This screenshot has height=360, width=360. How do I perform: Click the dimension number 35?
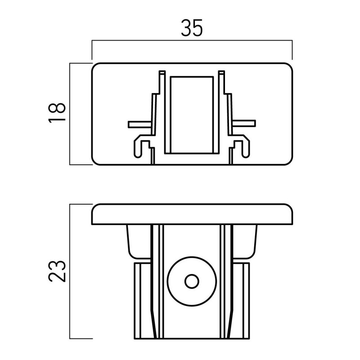(x=192, y=28)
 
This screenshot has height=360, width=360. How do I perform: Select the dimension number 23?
(x=57, y=271)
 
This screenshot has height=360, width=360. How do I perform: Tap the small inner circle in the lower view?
(x=192, y=282)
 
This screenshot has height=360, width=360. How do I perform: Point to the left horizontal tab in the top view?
(x=140, y=124)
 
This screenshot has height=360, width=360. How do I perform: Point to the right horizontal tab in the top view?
(x=244, y=123)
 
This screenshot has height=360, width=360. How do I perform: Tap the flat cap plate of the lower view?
(x=192, y=214)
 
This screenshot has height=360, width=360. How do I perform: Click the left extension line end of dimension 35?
(x=92, y=59)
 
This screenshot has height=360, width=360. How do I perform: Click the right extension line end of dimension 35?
(x=292, y=59)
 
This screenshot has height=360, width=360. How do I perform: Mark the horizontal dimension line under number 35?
(x=192, y=40)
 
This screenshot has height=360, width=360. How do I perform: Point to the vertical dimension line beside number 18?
(x=70, y=114)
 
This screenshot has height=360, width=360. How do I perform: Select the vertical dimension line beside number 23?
(x=70, y=271)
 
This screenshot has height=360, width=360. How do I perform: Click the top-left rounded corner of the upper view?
(x=94, y=65)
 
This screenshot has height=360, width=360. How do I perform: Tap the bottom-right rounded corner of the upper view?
(x=290, y=162)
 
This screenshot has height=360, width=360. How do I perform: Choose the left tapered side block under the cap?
(x=139, y=242)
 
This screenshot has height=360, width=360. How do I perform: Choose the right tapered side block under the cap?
(x=245, y=242)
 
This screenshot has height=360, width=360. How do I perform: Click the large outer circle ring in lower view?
(x=167, y=282)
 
